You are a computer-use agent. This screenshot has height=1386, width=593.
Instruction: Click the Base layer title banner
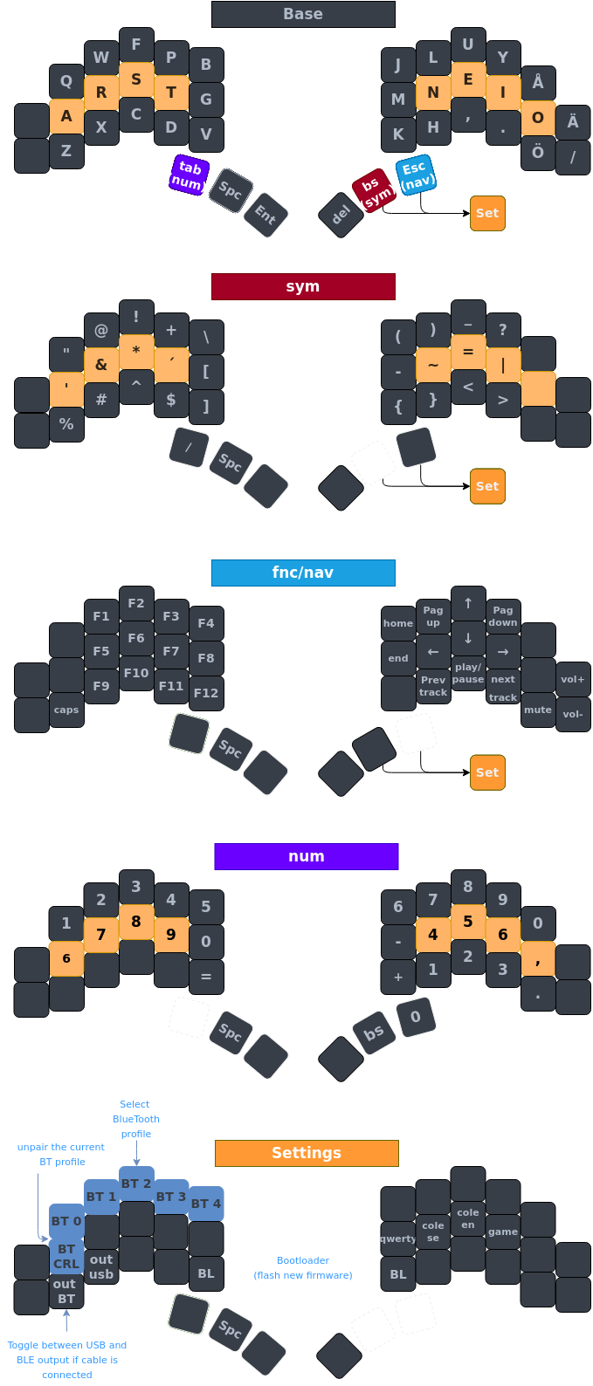pos(303,14)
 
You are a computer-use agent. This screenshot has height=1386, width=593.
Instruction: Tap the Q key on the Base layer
pos(66,82)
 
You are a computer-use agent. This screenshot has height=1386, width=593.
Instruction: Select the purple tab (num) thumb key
pos(188,175)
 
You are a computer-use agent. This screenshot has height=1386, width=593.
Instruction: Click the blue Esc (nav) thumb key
pos(415,175)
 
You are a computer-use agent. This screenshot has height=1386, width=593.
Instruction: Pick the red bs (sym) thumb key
pos(374,190)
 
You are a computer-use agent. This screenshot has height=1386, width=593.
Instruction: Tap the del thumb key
pos(341,214)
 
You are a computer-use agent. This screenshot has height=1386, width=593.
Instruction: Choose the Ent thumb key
pos(265,214)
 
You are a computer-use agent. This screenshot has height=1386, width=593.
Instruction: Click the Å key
pos(538,83)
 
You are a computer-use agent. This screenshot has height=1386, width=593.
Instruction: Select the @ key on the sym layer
pos(101,330)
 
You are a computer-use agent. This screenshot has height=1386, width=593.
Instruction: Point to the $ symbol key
pos(171,400)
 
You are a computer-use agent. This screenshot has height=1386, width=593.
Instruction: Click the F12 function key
pos(206,693)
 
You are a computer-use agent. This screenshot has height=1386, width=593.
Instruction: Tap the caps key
pos(66,710)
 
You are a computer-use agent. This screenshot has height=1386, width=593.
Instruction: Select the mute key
pos(538,710)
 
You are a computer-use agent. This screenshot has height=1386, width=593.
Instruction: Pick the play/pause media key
pos(468,673)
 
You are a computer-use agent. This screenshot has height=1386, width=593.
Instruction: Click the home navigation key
pos(398,623)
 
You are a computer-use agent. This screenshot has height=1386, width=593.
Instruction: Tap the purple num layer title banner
pos(307,856)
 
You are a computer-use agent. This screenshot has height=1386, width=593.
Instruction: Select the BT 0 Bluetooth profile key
pos(66,1221)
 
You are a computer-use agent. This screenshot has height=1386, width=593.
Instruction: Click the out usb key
pos(101,1266)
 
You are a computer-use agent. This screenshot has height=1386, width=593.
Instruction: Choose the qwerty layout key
pos(398,1238)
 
